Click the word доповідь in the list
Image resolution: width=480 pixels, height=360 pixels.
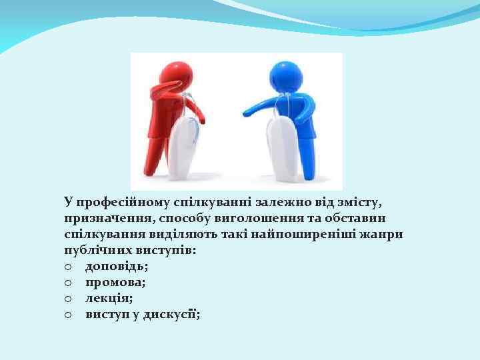click(x=113, y=267)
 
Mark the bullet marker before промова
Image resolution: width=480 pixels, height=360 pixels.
click(x=69, y=282)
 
